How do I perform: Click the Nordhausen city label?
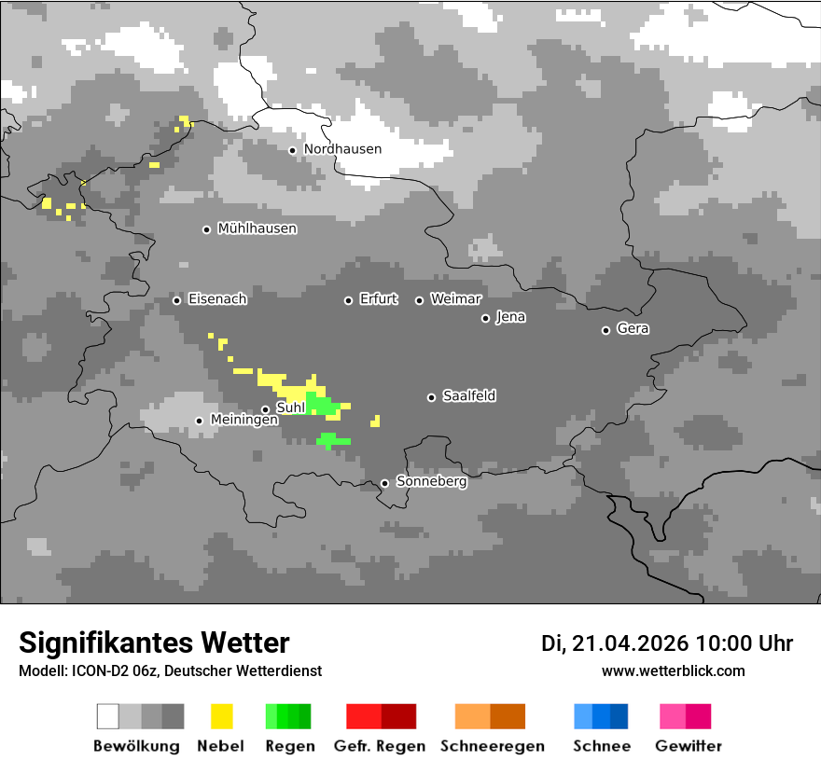342,149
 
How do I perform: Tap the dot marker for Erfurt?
348,300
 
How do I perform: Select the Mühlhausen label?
257,228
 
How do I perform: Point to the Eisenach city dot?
176,300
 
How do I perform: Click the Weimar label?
455,299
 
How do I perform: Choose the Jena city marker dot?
485,318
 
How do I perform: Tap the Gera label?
633,329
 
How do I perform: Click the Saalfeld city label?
468,396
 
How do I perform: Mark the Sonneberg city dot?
384,483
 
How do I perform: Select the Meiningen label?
244,421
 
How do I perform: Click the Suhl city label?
291,408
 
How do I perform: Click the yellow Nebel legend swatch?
221,716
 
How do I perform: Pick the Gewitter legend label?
688,746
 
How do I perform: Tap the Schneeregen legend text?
492,746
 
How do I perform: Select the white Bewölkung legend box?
107,716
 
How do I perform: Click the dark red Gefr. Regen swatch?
398,716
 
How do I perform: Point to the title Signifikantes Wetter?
154,643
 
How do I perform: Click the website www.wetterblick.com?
673,670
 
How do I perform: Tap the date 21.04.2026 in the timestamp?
630,643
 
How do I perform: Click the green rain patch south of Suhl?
332,440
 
